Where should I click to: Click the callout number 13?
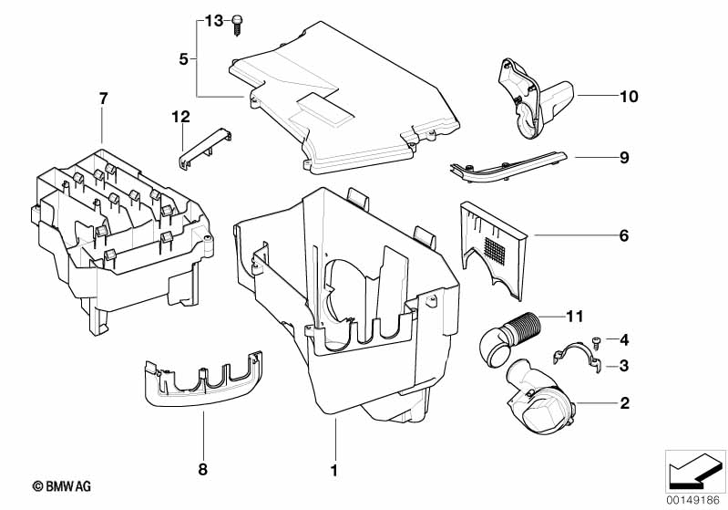(x=214, y=20)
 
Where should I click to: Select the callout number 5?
(x=184, y=59)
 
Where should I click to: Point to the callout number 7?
(x=103, y=99)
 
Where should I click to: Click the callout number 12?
(x=180, y=116)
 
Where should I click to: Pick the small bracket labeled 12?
(x=205, y=149)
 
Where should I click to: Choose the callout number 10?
(x=629, y=96)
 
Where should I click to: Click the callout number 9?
(x=624, y=157)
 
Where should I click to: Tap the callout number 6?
(x=624, y=235)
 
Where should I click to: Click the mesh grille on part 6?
(x=494, y=251)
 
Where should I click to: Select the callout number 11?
(x=574, y=317)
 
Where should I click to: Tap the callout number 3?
(x=624, y=366)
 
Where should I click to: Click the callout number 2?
(x=624, y=402)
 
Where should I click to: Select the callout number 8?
(x=203, y=469)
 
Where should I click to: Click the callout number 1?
(x=333, y=470)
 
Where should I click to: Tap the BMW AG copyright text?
(x=62, y=486)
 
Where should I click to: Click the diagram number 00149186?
(x=693, y=500)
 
